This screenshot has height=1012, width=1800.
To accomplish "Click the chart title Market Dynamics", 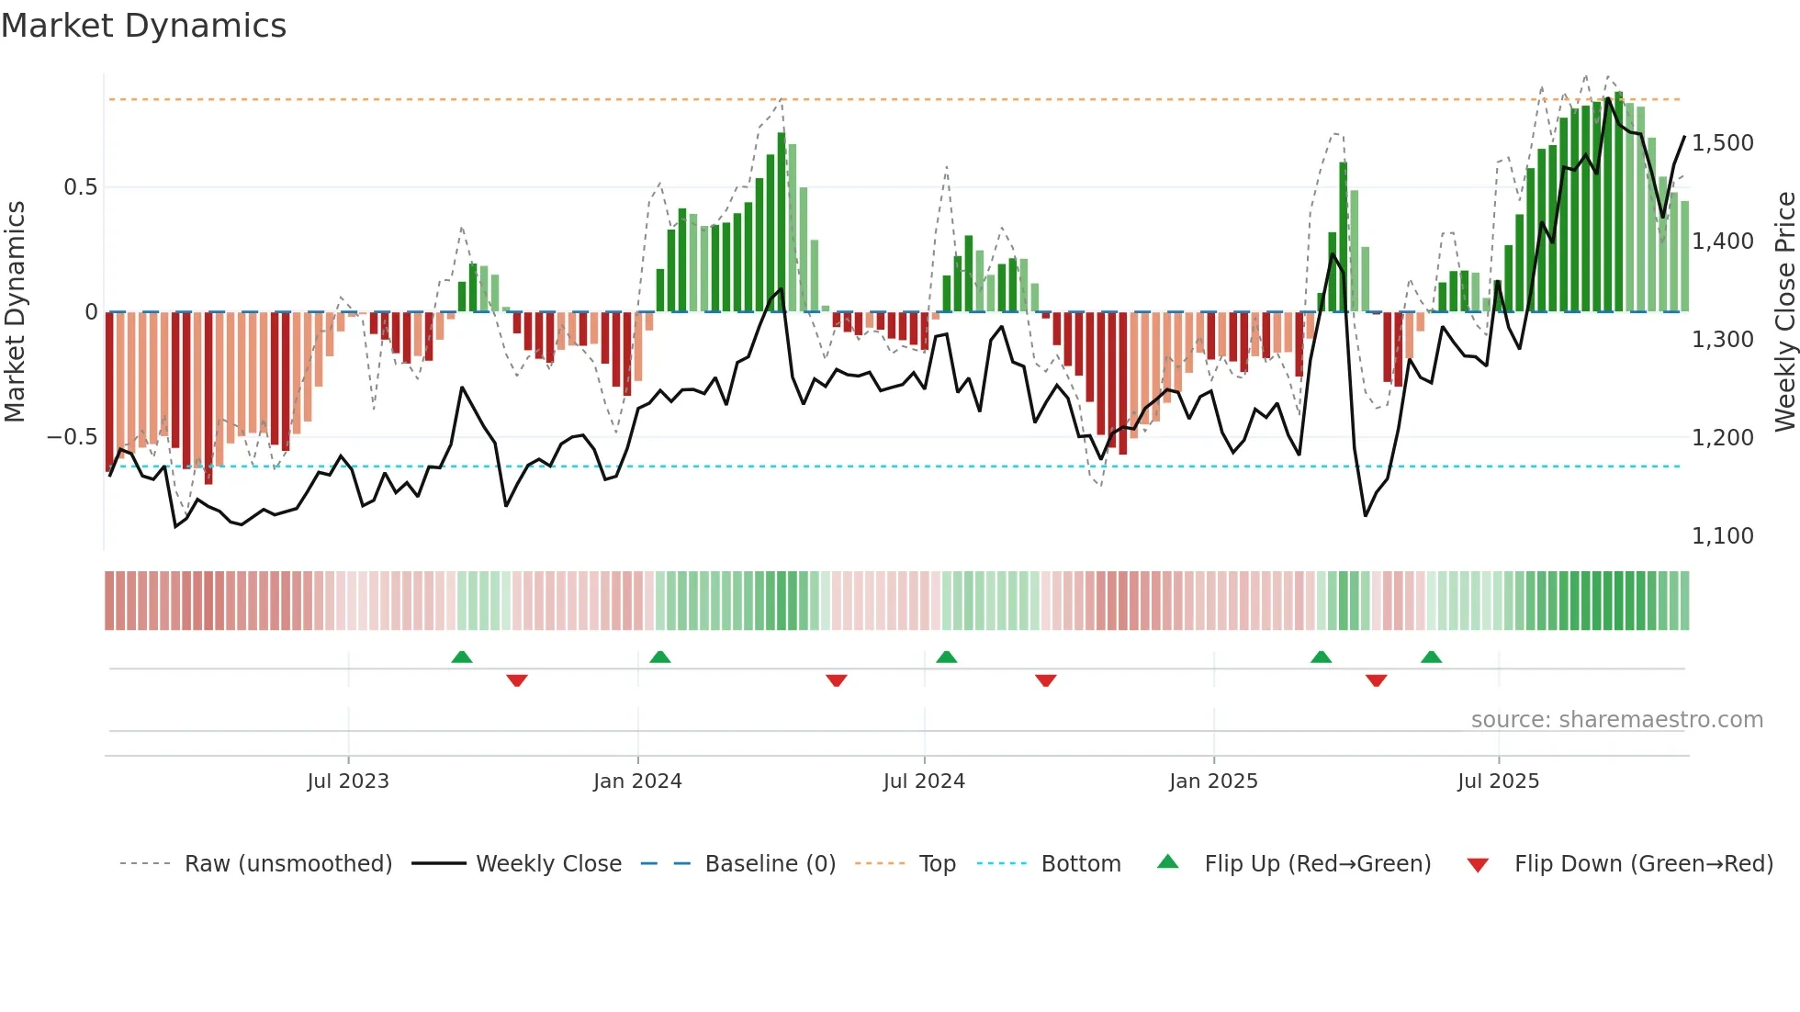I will coord(143,26).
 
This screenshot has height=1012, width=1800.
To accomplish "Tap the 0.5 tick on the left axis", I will coord(80,187).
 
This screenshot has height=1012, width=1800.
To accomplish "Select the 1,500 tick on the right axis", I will coord(1722,143).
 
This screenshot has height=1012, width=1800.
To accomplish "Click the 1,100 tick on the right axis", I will coord(1722,536).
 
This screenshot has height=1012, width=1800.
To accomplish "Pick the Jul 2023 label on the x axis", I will coord(348,781).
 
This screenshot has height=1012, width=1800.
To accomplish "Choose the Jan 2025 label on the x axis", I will coord(1213,781).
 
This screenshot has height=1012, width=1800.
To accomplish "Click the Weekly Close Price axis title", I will coord(1784,312).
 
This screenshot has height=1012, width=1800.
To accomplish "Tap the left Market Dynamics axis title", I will coord(15,312).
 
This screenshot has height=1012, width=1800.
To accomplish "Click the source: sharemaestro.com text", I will coord(1616,720).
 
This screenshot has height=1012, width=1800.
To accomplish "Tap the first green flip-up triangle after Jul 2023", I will coord(462,658).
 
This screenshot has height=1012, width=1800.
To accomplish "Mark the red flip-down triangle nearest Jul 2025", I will coord(1376,680).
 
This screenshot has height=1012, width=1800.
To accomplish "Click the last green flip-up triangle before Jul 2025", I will coord(1431,658).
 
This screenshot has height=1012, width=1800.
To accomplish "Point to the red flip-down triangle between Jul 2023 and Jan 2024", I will coord(517,680).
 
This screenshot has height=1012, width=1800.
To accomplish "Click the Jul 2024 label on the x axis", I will coord(924,781).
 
